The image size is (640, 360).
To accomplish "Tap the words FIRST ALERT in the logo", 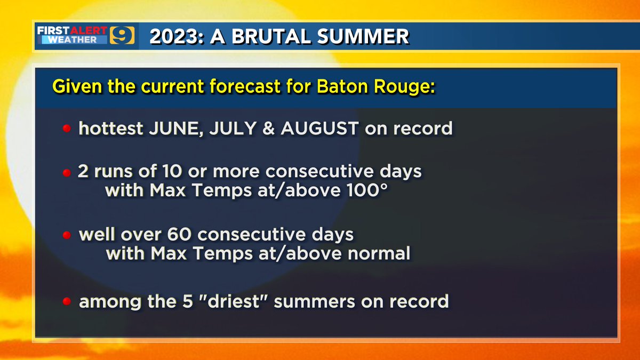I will coord(73,31).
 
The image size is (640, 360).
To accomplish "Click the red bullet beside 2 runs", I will coord(67,173).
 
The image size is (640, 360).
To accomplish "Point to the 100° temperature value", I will coord(362,191).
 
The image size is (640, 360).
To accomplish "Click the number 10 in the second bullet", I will coord(175,172).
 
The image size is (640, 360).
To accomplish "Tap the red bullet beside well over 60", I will coord(67,236).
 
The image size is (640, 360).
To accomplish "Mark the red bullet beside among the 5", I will coord(67,302).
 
